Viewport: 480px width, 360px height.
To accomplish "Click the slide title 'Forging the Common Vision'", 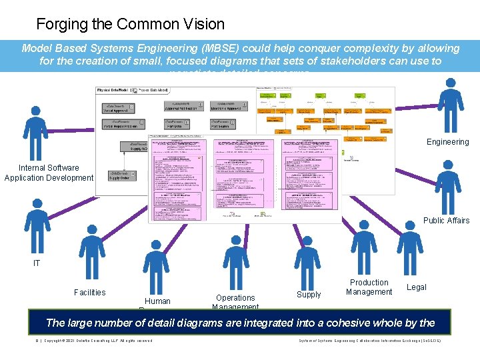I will [130, 25].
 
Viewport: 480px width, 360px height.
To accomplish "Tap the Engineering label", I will [447, 142].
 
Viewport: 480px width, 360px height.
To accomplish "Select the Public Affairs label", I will [446, 221].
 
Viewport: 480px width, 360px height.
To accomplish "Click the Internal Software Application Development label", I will [49, 173].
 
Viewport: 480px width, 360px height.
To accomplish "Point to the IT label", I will [37, 263].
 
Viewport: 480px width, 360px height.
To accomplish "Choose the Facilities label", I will [89, 293].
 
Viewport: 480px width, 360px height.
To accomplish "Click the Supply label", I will [309, 295].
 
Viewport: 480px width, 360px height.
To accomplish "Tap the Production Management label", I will [369, 287].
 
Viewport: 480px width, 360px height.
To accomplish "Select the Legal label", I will [416, 287].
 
